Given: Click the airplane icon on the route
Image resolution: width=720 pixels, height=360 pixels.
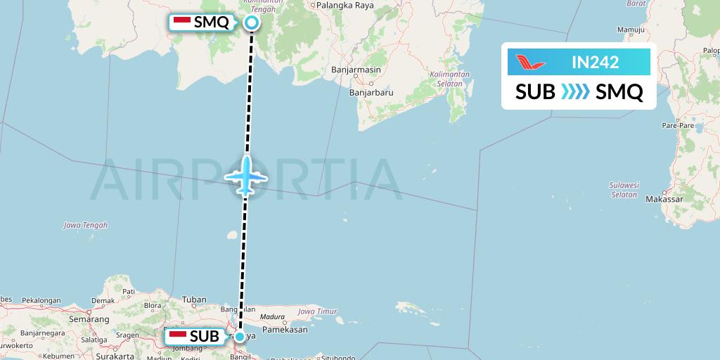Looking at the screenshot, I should [246, 175].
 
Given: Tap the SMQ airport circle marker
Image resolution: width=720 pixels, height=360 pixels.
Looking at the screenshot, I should [252, 22].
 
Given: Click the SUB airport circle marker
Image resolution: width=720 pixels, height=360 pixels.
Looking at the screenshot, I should [240, 337].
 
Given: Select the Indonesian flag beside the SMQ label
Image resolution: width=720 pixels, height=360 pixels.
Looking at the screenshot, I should [182, 22].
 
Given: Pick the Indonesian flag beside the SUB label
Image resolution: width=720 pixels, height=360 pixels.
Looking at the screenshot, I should [179, 337].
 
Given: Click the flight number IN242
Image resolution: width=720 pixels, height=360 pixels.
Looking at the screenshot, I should [595, 63].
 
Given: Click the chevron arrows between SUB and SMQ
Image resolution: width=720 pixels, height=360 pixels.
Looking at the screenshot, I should [575, 92].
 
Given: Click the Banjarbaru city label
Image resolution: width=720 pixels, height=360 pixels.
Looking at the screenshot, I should [371, 91].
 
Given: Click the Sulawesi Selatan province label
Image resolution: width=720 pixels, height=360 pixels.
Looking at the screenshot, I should [624, 190].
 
